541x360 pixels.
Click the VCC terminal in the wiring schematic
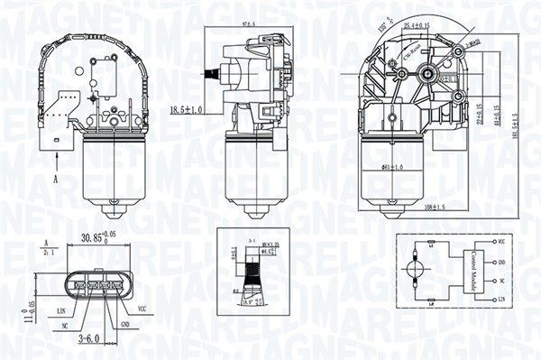click(501, 243)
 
